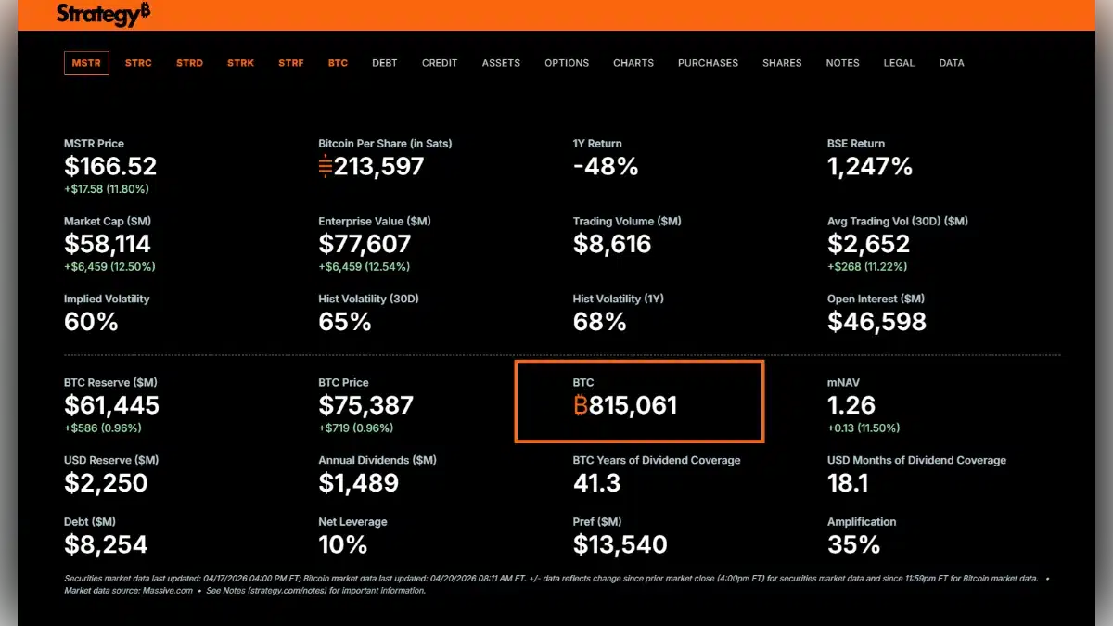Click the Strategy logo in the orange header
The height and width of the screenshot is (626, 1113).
(x=103, y=14)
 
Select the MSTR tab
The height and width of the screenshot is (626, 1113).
(x=86, y=63)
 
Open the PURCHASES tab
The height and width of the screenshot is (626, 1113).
(x=708, y=63)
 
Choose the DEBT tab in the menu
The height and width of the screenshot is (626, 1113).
(x=384, y=63)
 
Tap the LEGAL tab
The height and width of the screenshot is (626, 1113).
(x=899, y=63)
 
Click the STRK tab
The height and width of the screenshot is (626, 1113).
(x=240, y=63)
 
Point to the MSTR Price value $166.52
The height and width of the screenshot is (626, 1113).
(x=110, y=167)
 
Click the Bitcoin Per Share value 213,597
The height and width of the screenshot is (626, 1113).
(x=371, y=167)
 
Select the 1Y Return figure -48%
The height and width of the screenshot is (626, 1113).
(x=606, y=167)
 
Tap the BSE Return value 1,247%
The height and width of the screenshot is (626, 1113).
(x=870, y=167)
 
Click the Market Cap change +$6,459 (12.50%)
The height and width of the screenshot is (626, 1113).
(x=109, y=267)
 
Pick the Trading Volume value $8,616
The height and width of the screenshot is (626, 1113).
(x=612, y=245)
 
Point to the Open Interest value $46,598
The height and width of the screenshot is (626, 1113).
(x=876, y=322)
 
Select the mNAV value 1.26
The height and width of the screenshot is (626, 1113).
(x=851, y=405)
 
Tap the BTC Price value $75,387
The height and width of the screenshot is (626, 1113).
(x=365, y=405)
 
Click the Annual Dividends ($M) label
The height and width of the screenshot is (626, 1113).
(x=377, y=460)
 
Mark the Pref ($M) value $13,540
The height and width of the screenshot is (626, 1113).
(x=620, y=544)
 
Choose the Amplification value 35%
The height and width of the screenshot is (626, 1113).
(x=853, y=544)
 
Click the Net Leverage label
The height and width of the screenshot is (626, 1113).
(x=352, y=522)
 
